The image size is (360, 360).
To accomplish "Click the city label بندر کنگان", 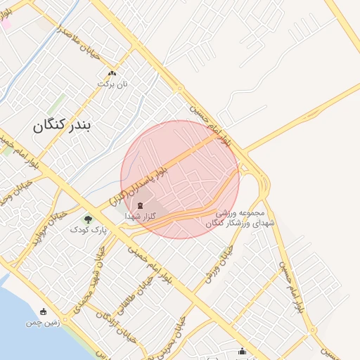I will (x=62, y=126).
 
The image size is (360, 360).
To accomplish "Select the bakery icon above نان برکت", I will (x=112, y=73).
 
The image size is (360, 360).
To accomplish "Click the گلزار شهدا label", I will (x=139, y=217).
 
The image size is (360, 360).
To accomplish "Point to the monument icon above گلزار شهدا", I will (x=139, y=205).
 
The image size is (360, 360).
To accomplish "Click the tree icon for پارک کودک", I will (x=88, y=219).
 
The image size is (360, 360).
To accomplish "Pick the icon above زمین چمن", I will (x=44, y=311).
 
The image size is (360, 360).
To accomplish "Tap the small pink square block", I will (x=5, y=24).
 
